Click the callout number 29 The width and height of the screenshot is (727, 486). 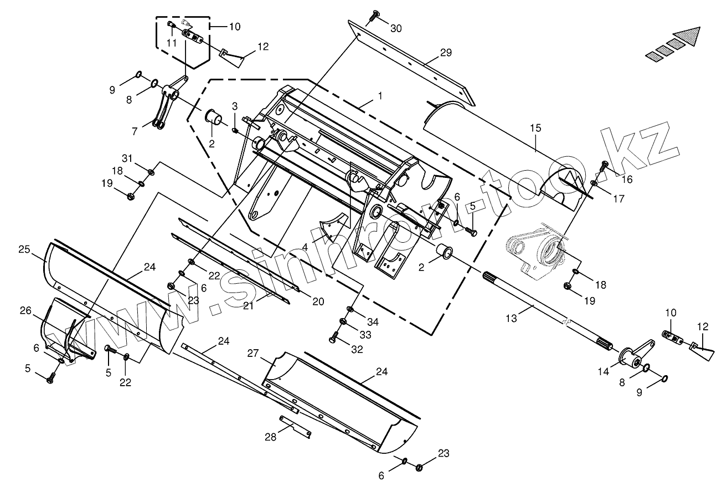tap(446, 53)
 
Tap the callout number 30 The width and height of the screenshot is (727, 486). tap(396, 29)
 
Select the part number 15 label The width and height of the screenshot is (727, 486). tap(535, 128)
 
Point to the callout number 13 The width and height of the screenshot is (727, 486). tap(512, 318)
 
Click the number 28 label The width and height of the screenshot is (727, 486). tap(270, 437)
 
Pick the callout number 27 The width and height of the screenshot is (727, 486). tap(254, 354)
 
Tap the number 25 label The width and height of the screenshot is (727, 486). tap(24, 250)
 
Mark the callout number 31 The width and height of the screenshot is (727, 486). tap(127, 159)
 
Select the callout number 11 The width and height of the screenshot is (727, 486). tap(172, 42)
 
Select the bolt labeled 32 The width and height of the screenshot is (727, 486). tap(334, 337)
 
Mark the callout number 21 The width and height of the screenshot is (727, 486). tap(249, 305)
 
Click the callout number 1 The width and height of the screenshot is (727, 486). tap(380, 95)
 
